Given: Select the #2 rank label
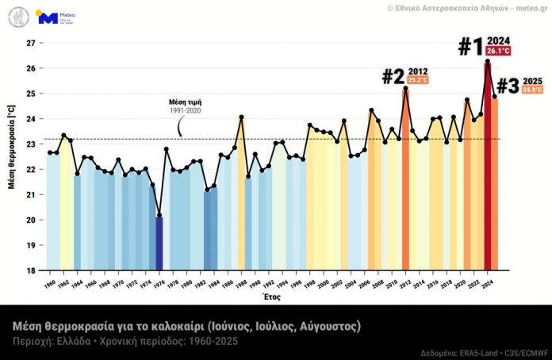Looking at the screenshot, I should point(393,76).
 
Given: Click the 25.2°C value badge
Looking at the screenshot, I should point(418,81).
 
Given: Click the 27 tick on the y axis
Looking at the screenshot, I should point(29,43).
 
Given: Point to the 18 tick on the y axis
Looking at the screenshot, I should point(29,270).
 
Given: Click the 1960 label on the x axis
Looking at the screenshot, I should point(50,283).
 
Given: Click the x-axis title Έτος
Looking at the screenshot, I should point(272,299).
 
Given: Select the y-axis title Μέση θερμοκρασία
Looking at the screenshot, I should point(11,157).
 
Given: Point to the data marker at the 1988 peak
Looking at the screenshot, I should point(241,117).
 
